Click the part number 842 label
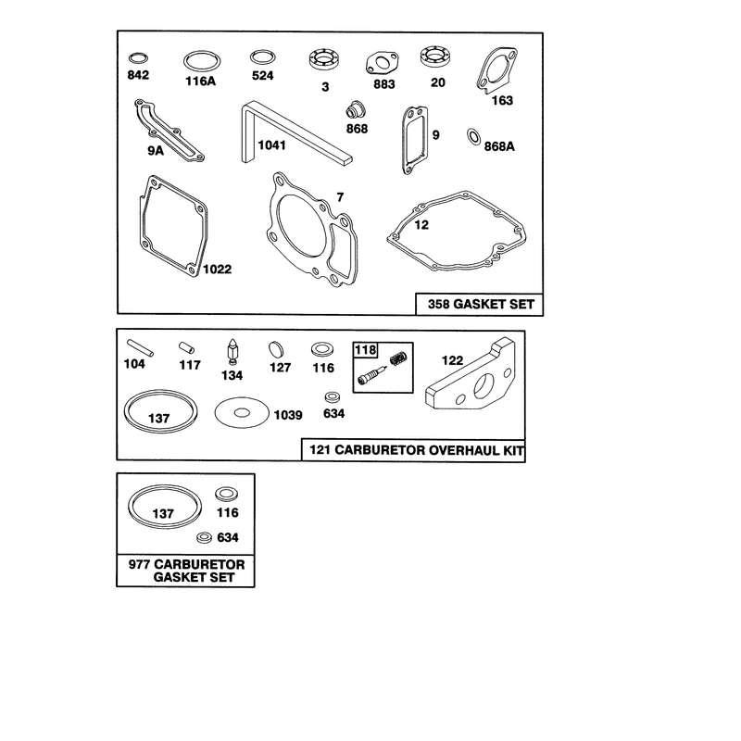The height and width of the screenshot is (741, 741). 138,75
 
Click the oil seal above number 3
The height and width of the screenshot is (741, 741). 325,60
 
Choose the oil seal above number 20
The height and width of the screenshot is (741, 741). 435,57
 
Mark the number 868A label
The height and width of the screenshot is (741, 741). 499,146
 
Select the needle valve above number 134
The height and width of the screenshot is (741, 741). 232,352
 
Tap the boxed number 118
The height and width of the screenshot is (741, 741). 365,350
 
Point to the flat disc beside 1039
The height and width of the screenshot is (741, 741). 242,413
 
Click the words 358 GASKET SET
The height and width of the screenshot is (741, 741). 481,304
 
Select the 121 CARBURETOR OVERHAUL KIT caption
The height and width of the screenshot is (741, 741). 416,449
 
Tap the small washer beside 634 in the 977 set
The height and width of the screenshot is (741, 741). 205,537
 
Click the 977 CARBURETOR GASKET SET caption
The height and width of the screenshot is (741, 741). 187,571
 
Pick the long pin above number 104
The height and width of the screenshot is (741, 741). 140,347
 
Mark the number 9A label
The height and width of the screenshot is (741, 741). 156,151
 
